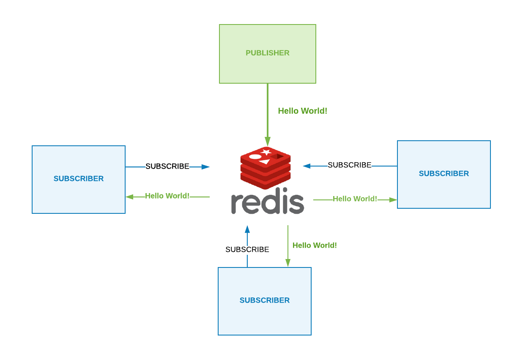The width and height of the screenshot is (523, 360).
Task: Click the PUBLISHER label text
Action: click(x=267, y=53)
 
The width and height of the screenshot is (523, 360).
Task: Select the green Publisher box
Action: click(x=268, y=54)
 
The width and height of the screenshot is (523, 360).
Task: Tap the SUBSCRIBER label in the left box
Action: click(x=79, y=178)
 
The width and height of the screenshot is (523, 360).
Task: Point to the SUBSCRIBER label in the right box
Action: click(x=444, y=173)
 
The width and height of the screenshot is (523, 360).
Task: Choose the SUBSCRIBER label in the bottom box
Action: click(x=265, y=300)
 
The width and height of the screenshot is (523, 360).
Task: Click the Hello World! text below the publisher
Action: click(x=303, y=111)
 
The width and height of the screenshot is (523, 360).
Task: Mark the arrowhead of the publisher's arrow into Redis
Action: click(x=268, y=142)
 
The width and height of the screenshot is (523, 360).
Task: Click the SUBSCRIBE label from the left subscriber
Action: click(x=167, y=166)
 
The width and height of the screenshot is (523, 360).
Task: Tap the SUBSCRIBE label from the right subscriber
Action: click(x=350, y=165)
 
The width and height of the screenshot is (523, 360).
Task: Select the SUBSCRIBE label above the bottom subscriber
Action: click(x=247, y=249)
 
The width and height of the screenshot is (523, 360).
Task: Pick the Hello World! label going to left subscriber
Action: click(x=167, y=196)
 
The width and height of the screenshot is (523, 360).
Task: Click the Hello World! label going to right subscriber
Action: click(x=355, y=199)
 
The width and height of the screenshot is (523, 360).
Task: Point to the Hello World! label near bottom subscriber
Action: click(x=315, y=245)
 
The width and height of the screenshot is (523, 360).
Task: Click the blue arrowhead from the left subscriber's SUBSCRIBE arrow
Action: click(x=205, y=167)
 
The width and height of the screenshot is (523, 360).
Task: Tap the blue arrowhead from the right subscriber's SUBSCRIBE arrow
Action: click(x=307, y=166)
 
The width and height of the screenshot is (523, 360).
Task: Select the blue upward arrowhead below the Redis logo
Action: click(x=247, y=229)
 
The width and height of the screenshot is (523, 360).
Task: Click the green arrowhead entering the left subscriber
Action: click(x=129, y=197)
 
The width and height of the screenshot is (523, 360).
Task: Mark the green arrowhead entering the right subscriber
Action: click(x=393, y=200)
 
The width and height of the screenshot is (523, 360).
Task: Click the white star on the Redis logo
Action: click(x=266, y=152)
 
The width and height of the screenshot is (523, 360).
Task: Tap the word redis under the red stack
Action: click(x=268, y=201)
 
